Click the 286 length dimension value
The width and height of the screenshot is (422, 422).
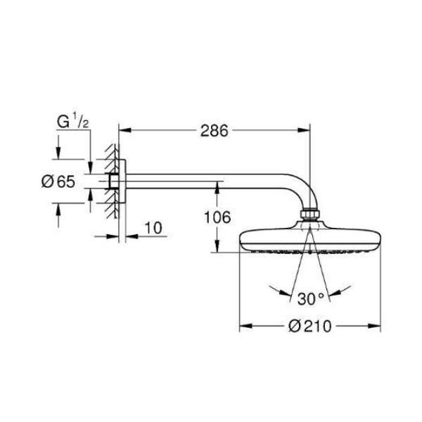(x=215, y=131)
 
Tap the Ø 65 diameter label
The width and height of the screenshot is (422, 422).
(x=58, y=181)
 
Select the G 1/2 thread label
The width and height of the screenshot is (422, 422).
(x=72, y=122)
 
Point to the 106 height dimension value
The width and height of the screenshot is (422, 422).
(x=217, y=217)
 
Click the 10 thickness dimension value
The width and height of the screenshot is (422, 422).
(x=153, y=228)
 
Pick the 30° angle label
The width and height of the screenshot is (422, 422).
(x=311, y=299)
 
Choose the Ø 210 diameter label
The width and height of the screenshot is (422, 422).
(x=310, y=326)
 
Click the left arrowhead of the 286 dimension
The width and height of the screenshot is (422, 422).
(x=125, y=130)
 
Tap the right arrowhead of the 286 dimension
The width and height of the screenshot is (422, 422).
(x=304, y=130)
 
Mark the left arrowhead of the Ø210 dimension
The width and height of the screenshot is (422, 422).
(x=245, y=326)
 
